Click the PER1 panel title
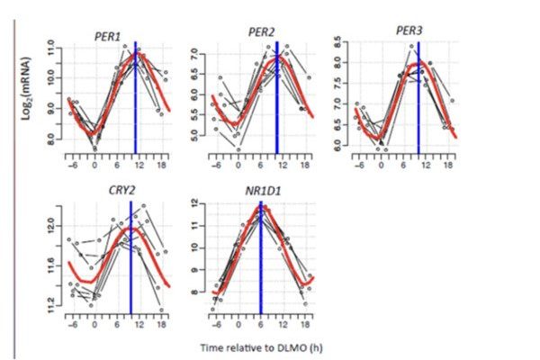110,35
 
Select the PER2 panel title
261,32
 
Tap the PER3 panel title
408,31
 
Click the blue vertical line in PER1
135,99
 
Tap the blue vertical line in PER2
276,99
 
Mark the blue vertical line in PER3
418,99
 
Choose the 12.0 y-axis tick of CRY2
51,223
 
